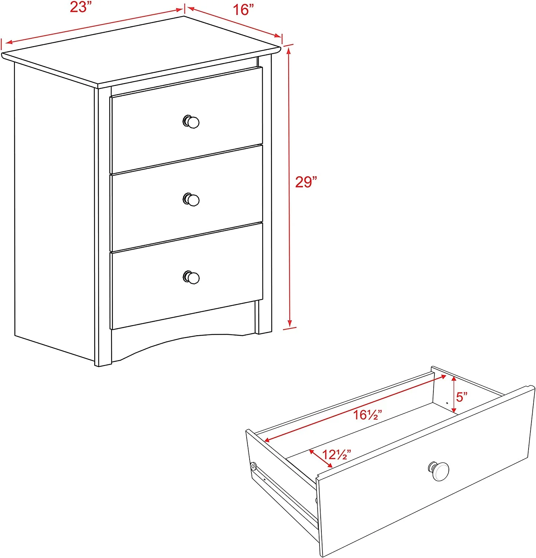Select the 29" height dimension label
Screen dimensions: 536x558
click(306, 182)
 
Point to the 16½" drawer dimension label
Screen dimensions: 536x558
click(368, 414)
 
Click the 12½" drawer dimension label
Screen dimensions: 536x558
click(336, 454)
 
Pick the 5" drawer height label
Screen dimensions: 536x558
click(462, 397)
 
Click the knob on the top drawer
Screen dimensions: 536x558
click(191, 122)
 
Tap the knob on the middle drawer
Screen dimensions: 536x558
click(191, 200)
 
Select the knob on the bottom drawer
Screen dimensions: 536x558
click(191, 278)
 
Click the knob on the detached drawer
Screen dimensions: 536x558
click(439, 471)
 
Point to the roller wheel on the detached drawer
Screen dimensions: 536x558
click(253, 466)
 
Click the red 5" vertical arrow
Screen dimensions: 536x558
click(454, 395)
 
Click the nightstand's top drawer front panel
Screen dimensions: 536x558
click(187, 120)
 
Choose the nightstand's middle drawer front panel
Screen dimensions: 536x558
click(187, 198)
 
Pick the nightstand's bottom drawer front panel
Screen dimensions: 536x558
click(187, 276)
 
